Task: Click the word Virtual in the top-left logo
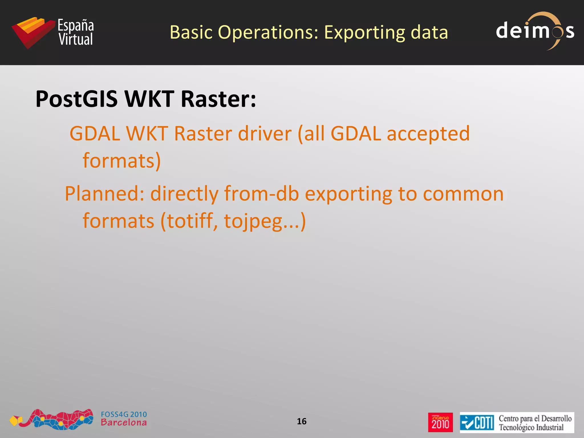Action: tap(76, 39)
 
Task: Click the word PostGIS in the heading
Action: tap(76, 99)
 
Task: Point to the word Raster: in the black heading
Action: tap(218, 99)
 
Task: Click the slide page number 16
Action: tap(301, 421)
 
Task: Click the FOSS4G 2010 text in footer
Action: tap(124, 414)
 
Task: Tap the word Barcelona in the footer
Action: tap(124, 423)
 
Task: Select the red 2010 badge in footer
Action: tap(440, 422)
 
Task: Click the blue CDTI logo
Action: tap(477, 423)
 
